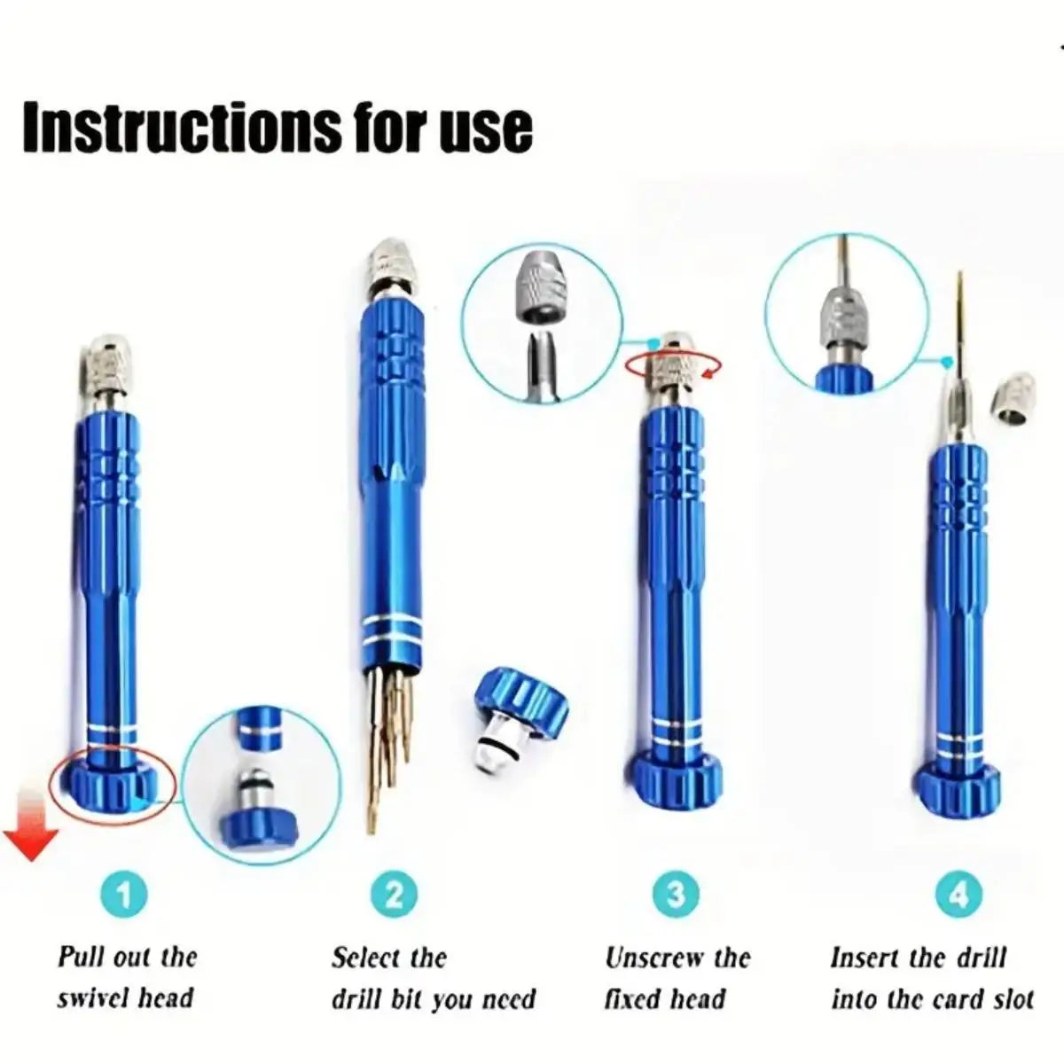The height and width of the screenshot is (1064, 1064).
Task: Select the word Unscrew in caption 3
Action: click(x=651, y=958)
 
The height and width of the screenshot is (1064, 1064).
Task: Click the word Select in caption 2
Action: click(x=364, y=958)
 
